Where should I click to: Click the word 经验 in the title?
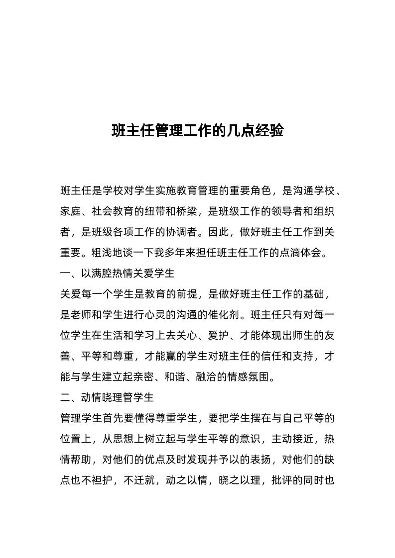269,131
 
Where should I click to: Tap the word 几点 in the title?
241,131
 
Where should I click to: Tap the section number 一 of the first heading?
65,273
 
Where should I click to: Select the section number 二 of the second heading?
65,398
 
